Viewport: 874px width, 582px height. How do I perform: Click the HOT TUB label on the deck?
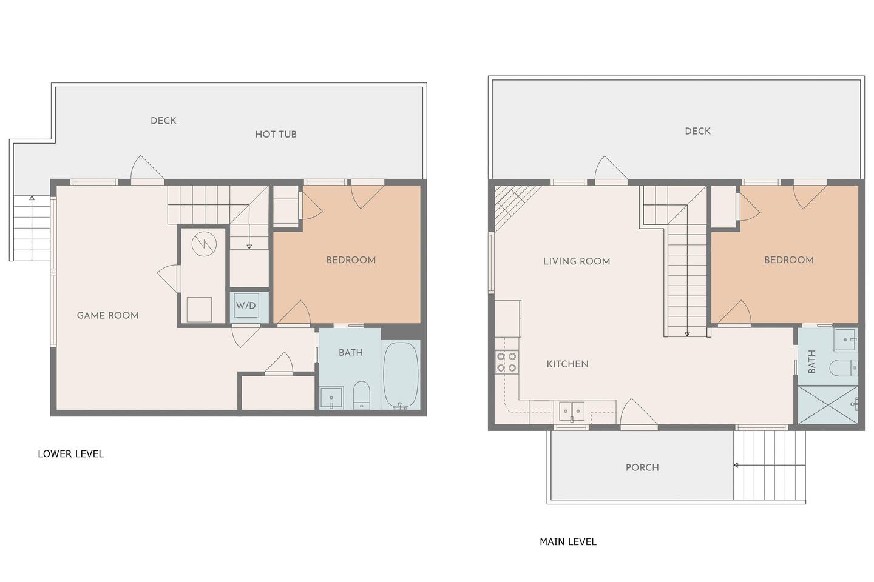pyautogui.click(x=276, y=134)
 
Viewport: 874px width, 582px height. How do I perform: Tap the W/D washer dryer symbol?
pyautogui.click(x=246, y=306)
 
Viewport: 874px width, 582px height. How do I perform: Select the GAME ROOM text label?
pyautogui.click(x=107, y=315)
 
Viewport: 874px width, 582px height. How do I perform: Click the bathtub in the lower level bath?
pyautogui.click(x=401, y=375)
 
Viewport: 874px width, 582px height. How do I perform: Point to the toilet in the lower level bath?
pyautogui.click(x=362, y=395)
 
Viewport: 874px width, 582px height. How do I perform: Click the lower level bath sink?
pyautogui.click(x=331, y=398)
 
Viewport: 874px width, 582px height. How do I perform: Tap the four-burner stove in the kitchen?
pyautogui.click(x=507, y=362)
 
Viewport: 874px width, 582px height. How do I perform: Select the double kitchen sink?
pyautogui.click(x=572, y=411)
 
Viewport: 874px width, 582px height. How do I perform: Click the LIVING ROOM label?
pyautogui.click(x=577, y=261)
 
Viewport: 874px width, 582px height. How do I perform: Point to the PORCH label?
pyautogui.click(x=642, y=467)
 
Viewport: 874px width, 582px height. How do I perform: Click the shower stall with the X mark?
pyautogui.click(x=828, y=405)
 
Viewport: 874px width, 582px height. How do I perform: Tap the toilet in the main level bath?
pyautogui.click(x=843, y=368)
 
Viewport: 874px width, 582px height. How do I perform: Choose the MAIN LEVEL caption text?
pyautogui.click(x=568, y=542)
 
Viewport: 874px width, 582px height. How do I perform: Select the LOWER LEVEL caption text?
pyautogui.click(x=70, y=453)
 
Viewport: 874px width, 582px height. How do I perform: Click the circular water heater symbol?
pyautogui.click(x=204, y=244)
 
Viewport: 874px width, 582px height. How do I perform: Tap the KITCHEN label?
pyautogui.click(x=567, y=364)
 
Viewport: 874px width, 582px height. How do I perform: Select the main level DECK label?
pyautogui.click(x=697, y=131)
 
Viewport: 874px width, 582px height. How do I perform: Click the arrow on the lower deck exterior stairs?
pyautogui.click(x=32, y=228)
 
